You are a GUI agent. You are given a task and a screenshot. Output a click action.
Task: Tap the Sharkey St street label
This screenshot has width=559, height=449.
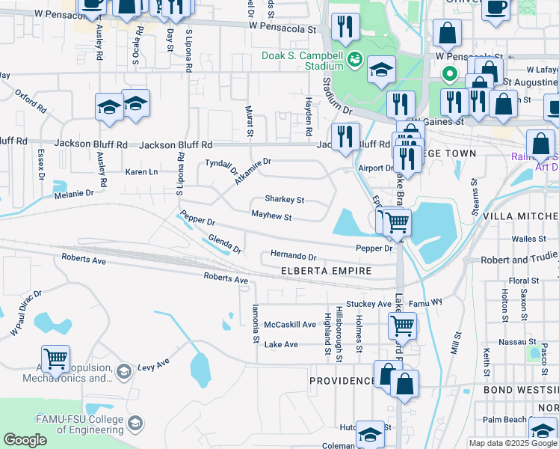284,200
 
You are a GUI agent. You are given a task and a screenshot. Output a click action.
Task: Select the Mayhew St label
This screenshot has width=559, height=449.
271,216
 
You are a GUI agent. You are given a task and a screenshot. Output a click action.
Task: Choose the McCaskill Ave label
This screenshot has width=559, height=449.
290,325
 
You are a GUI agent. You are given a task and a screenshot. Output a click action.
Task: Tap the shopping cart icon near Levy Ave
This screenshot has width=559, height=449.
56,359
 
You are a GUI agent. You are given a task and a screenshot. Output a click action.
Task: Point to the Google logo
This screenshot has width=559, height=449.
25,440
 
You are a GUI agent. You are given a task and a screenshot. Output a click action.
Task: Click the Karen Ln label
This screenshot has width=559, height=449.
141,172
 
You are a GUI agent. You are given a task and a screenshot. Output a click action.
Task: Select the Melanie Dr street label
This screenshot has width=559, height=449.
74,193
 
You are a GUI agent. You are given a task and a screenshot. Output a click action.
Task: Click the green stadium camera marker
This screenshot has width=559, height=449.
355,58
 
